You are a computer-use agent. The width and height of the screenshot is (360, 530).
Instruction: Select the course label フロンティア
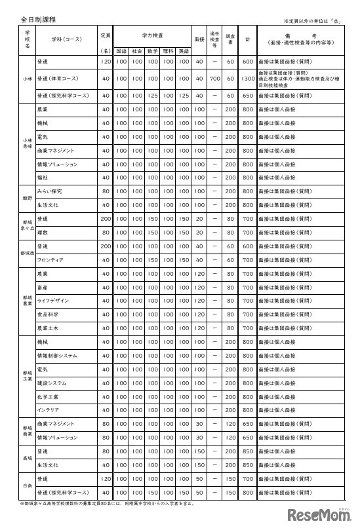pos(50,259)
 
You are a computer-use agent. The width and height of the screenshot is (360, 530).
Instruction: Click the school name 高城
pos(27,457)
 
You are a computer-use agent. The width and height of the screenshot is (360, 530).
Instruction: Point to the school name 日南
pos(27,485)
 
